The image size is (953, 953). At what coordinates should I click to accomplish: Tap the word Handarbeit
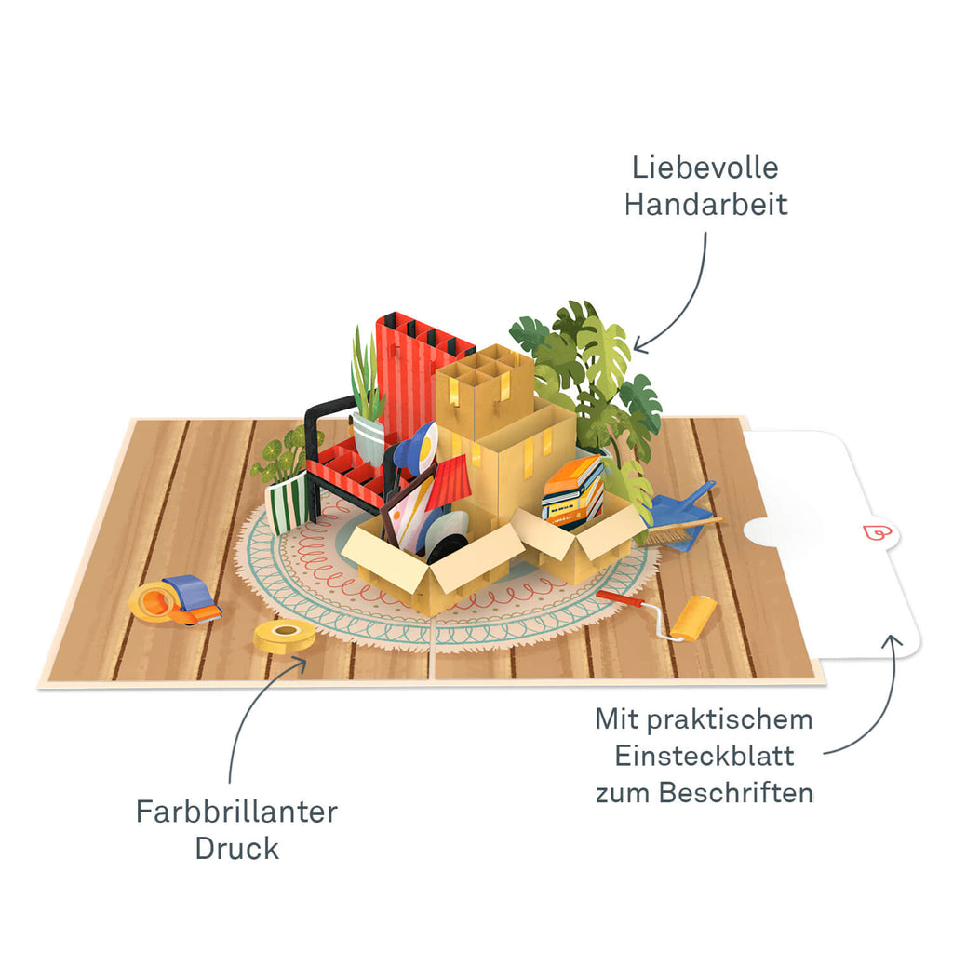point(705,204)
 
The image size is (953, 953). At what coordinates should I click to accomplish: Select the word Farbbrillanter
point(236,812)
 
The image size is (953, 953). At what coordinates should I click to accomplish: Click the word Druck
point(236,848)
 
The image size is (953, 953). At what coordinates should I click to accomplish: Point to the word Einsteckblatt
point(705,756)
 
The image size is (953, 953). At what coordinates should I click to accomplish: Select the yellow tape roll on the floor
point(284,636)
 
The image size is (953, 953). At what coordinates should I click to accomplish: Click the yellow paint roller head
point(694,617)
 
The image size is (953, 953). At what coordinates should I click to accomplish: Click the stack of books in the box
point(572,491)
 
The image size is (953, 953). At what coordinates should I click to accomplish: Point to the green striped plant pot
point(286,503)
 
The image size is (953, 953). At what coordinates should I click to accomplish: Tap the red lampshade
point(450,483)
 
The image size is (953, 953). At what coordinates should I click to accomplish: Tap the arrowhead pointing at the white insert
point(891,642)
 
